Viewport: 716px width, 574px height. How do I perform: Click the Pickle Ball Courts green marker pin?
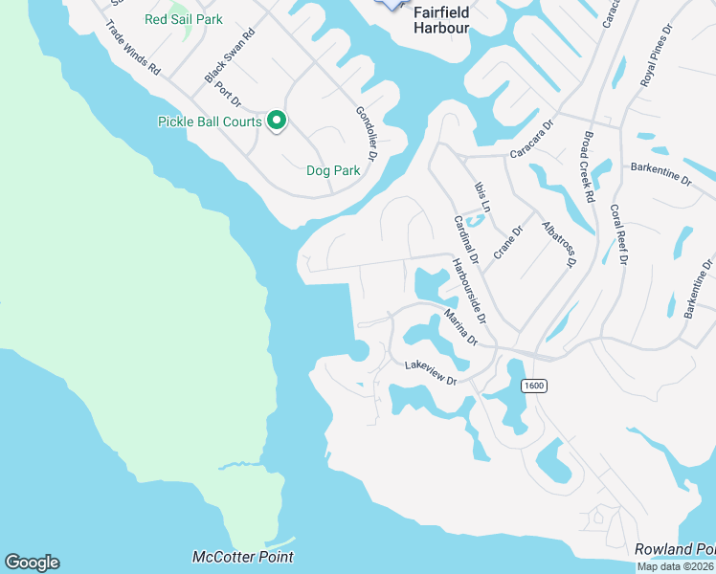click(x=277, y=121)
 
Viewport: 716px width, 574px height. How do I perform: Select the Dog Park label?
click(x=332, y=170)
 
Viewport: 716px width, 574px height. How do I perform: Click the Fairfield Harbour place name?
click(x=441, y=20)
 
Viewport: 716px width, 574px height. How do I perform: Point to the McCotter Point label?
click(x=243, y=557)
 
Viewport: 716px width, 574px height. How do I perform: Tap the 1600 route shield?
click(x=533, y=386)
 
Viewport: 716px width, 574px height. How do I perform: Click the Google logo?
click(x=32, y=563)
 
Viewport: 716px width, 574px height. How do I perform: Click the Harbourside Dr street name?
click(x=470, y=291)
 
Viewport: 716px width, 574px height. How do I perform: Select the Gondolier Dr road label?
click(x=369, y=133)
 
